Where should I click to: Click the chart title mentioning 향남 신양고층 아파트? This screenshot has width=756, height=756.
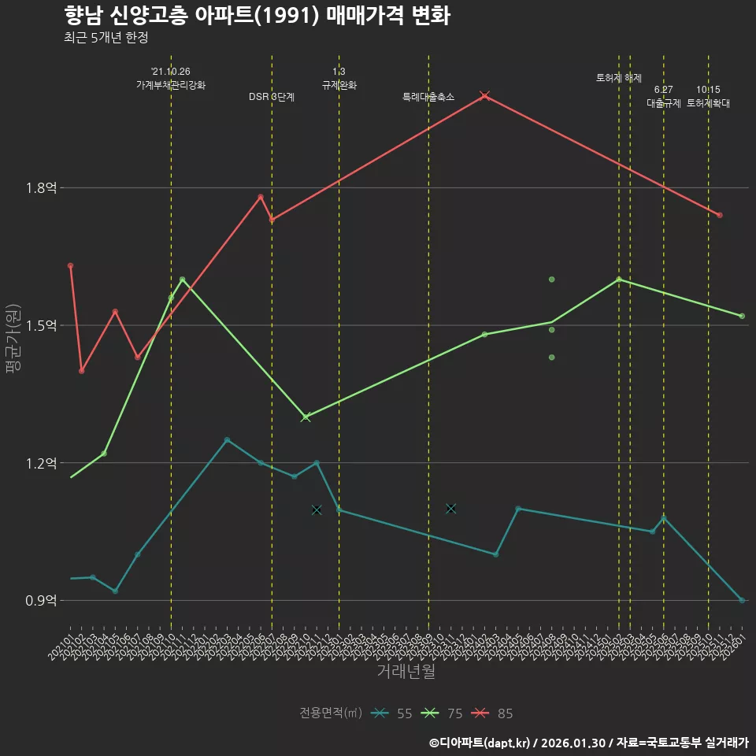257,15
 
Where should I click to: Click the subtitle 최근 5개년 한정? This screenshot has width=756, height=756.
106,37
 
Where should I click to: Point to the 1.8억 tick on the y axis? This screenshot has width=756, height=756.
42,188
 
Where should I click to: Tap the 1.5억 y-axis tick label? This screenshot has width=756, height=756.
42,326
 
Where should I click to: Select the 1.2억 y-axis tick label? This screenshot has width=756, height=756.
42,463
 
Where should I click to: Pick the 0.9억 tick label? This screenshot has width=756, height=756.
42,601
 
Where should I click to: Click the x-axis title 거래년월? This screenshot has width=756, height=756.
406,672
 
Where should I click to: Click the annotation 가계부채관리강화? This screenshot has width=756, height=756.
171,85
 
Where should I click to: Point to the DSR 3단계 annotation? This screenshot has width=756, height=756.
272,97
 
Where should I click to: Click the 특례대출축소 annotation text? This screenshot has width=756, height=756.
428,97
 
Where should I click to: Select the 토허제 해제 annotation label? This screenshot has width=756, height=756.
619,78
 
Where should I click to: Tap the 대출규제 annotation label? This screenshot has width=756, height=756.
664,103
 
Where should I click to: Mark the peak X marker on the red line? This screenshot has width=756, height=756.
485,95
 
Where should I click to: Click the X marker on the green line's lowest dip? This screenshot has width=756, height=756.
306,417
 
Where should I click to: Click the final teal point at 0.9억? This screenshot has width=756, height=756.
742,600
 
